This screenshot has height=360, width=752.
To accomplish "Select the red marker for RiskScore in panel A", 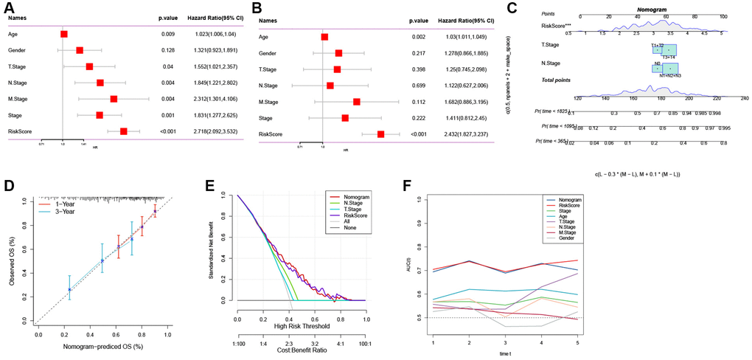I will pyautogui.click(x=124, y=131).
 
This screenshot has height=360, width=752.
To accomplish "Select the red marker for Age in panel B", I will pyautogui.click(x=324, y=36).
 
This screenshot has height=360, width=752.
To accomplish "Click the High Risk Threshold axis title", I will pyautogui.click(x=301, y=325).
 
